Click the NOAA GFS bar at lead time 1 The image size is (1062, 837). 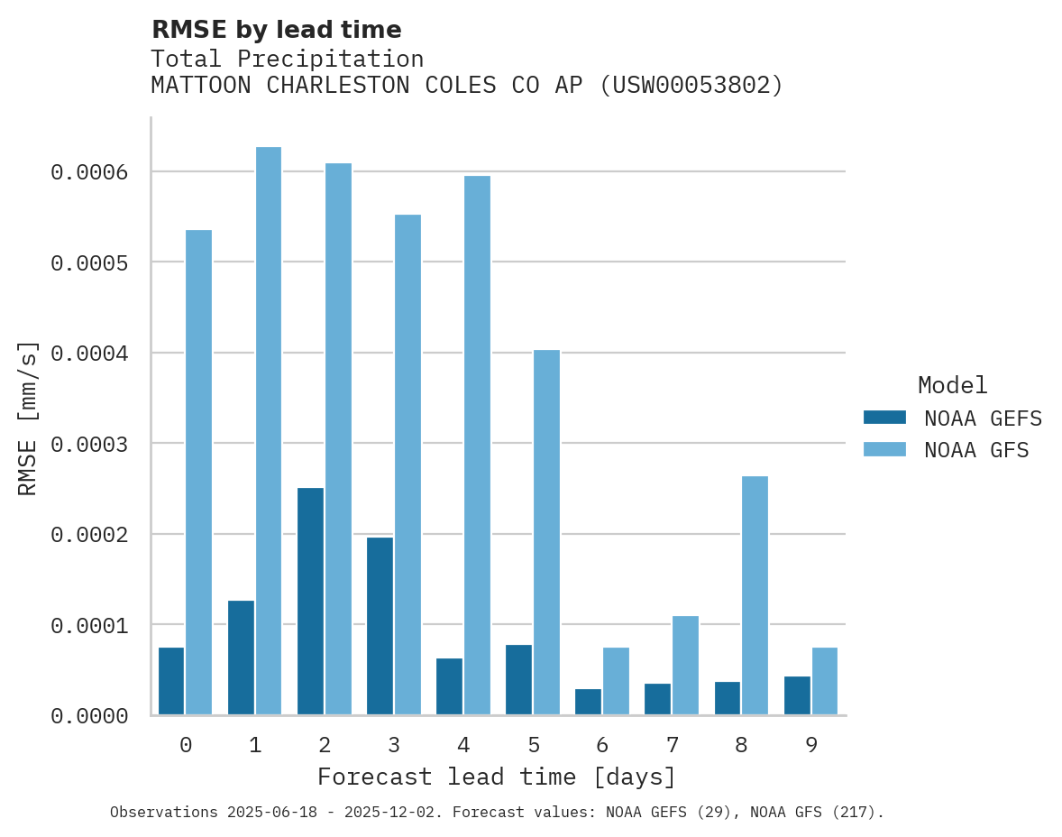coord(269,431)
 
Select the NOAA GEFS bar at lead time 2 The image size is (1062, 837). coord(310,602)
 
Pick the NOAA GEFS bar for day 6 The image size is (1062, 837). coord(588,702)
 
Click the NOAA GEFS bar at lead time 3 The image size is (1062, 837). coord(380,626)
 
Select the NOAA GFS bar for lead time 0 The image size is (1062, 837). coord(199,473)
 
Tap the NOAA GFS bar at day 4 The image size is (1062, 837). coord(477,446)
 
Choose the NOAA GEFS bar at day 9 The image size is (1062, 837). coord(797,695)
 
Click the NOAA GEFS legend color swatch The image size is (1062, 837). coord(884,418)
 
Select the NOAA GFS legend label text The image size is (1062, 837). coord(975,450)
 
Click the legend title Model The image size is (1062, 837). coord(952,385)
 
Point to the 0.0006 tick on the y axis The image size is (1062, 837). coord(88,171)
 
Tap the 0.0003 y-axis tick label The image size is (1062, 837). coord(88,444)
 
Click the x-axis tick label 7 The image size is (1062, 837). coord(673,745)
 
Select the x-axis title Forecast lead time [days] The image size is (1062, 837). coord(497,777)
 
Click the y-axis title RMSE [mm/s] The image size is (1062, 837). coord(28,418)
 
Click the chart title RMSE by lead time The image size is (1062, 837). coord(276,30)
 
